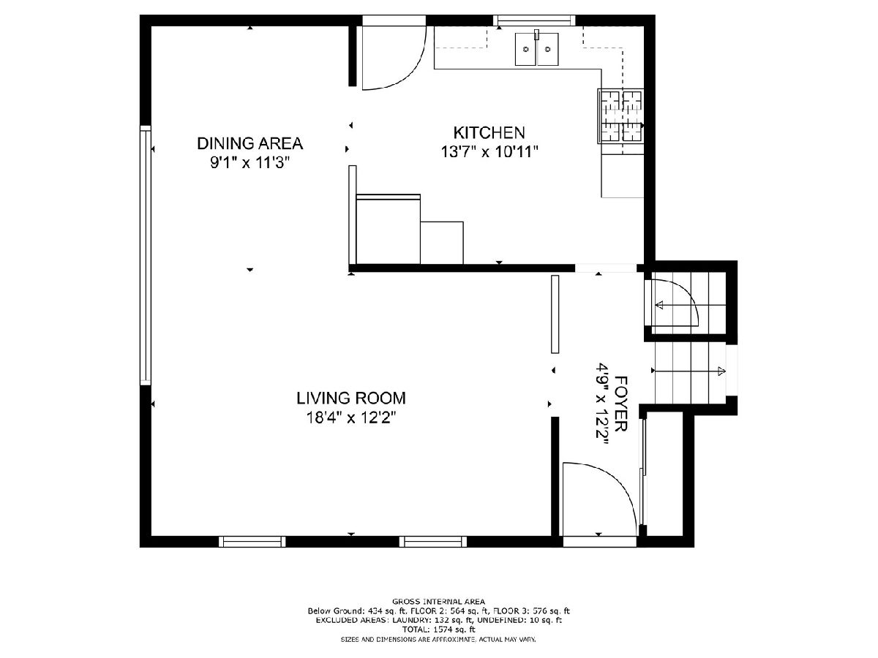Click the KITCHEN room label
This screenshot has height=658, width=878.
(x=489, y=132)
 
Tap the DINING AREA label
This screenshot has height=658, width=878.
(x=250, y=143)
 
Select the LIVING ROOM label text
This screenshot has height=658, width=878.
(x=350, y=398)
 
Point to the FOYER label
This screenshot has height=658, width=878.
(x=620, y=404)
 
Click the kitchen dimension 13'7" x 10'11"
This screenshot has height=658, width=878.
(x=489, y=152)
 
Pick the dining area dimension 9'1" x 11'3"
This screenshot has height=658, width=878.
(x=249, y=162)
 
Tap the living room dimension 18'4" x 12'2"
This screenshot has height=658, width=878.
(x=350, y=418)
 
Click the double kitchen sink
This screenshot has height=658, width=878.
(x=536, y=49)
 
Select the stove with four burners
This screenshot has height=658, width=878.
(x=620, y=116)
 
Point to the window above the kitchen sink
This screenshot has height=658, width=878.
(x=534, y=20)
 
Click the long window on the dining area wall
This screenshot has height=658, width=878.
(x=145, y=255)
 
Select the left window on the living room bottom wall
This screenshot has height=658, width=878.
(x=252, y=541)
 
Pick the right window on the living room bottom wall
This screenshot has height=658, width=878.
(x=433, y=541)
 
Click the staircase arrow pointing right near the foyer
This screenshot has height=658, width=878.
(x=688, y=371)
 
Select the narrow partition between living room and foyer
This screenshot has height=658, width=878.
(x=555, y=314)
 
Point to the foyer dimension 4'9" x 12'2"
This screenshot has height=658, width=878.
(x=602, y=406)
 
